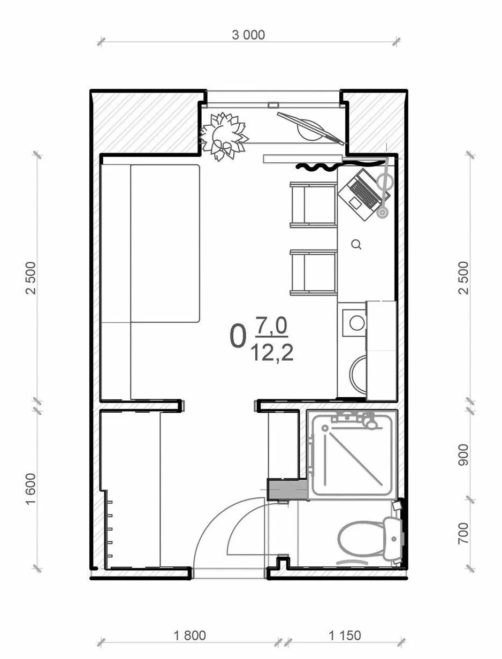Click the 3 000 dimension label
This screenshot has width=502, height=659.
point(248,35)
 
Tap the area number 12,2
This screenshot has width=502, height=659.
point(272,353)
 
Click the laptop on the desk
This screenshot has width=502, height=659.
point(364,194)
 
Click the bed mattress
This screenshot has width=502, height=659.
point(165,244)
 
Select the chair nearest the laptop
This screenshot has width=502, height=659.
point(314,204)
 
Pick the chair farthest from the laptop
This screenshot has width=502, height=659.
point(314,272)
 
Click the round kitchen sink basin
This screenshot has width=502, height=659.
point(357,323)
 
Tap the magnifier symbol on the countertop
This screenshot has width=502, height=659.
point(356,245)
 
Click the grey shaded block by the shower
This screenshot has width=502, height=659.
point(288,490)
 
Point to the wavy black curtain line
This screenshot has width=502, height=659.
point(340,166)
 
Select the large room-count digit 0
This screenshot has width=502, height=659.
point(238,337)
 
